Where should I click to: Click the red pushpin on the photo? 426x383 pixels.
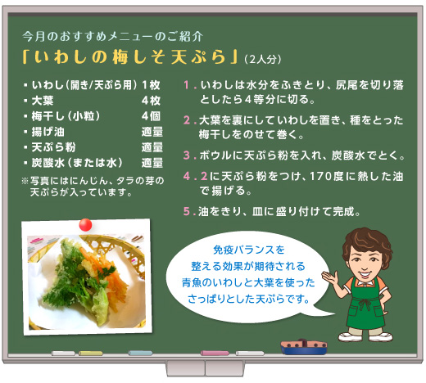tap(85, 225)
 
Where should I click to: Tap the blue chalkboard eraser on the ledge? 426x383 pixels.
tap(304, 347)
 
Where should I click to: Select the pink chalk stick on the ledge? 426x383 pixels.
tap(215, 354)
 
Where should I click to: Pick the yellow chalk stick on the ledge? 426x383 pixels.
tap(91, 354)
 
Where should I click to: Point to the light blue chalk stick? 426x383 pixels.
tap(140, 354)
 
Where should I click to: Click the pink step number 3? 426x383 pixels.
tap(187, 155)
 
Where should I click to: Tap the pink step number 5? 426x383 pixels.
tap(187, 211)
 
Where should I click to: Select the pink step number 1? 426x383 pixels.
tap(187, 85)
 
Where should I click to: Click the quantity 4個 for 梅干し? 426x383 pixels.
tap(151, 116)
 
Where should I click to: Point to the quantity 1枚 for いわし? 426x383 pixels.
tap(151, 85)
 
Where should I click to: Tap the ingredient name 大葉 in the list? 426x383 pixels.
tap(43, 101)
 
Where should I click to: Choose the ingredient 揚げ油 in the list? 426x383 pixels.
tap(48, 132)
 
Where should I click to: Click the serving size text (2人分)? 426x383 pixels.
tap(263, 59)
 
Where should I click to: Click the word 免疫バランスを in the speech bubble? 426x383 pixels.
tap(249, 250)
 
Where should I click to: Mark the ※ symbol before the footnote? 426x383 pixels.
tap(25, 181)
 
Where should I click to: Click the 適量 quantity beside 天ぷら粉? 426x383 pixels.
tap(152, 147)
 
